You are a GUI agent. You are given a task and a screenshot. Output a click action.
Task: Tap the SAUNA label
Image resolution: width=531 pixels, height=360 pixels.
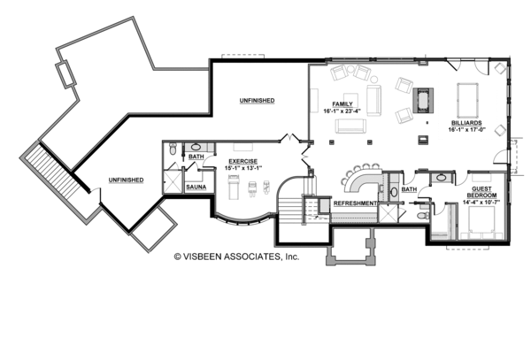point(196,188)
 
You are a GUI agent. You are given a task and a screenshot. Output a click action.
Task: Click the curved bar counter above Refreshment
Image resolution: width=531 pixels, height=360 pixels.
point(358,180)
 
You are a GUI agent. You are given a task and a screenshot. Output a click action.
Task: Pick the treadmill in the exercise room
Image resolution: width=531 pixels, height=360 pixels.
point(235,183)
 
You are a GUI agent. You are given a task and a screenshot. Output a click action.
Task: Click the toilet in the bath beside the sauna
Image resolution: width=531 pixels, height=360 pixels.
point(172,150)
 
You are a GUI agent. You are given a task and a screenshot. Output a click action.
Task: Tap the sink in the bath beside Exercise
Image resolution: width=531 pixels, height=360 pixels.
point(196,148)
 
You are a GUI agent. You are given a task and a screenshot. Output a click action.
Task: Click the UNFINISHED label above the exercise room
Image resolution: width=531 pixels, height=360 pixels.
point(256,101)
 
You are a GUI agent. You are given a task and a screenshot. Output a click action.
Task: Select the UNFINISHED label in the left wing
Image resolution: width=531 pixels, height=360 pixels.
point(126,180)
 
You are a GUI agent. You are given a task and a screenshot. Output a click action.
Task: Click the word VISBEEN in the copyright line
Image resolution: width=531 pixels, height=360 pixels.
point(213,257)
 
